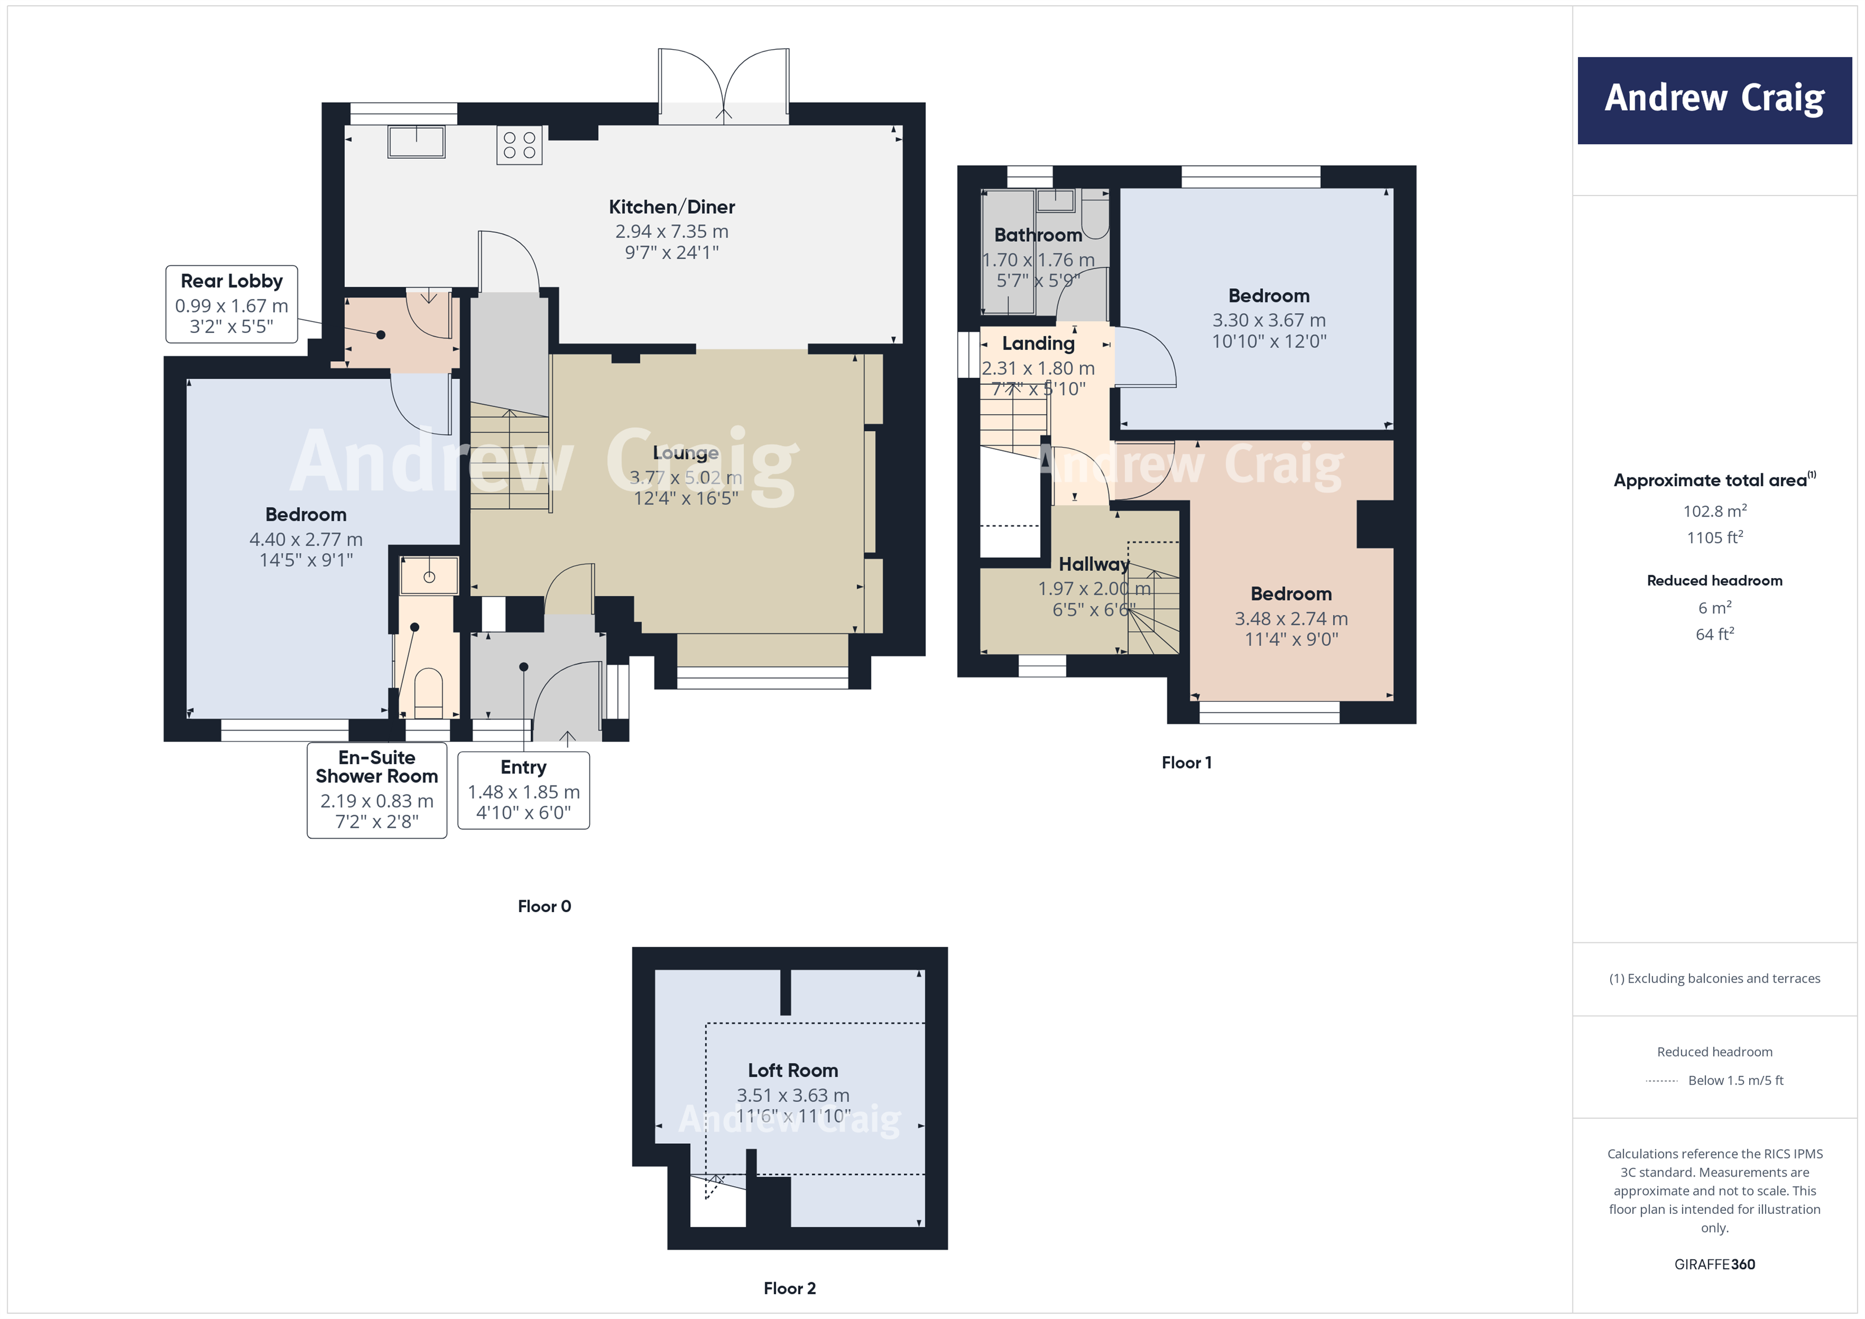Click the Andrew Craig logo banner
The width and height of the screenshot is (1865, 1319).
[1714, 100]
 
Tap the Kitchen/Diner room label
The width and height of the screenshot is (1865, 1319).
[672, 207]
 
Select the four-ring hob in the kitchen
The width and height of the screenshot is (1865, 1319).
[519, 145]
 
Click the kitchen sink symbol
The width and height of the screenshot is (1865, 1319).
[416, 141]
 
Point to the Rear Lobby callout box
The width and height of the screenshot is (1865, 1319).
[232, 304]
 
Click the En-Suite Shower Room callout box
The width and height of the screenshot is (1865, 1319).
[377, 789]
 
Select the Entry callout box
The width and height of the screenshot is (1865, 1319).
[523, 789]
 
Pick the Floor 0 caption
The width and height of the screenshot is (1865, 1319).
[544, 906]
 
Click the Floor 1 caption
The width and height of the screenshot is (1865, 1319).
[1186, 763]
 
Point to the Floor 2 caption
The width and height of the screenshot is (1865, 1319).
[789, 1288]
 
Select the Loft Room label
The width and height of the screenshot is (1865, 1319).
[793, 1070]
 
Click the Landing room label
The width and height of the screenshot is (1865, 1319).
[1038, 344]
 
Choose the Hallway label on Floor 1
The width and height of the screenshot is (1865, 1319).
[1094, 563]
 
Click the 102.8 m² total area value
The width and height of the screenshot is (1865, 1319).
[1714, 511]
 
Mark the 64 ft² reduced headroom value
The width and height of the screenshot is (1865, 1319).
[1714, 634]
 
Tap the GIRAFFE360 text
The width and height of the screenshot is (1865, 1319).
[1714, 1265]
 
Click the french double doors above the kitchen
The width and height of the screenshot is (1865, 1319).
[723, 85]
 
